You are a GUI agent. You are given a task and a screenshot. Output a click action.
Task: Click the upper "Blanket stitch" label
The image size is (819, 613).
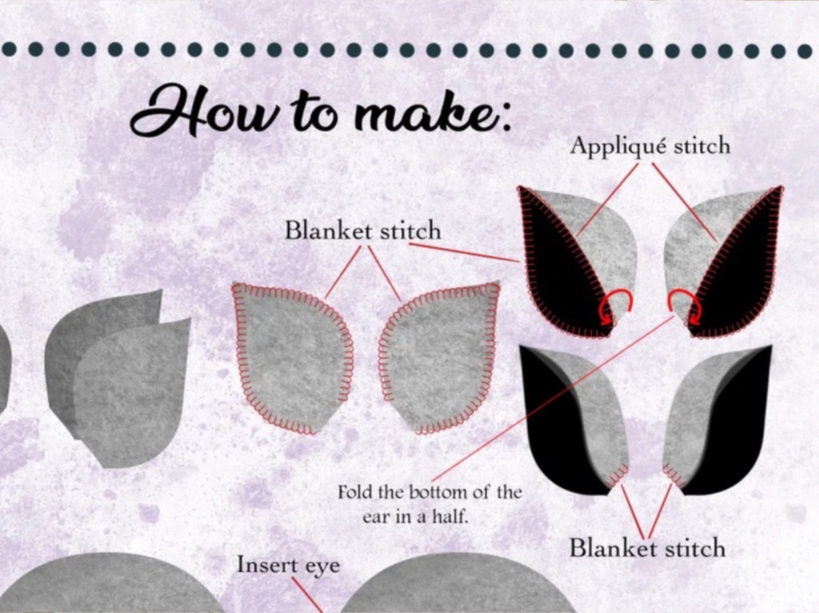363,231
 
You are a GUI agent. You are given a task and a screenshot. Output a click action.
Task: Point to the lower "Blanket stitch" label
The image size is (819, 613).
647,548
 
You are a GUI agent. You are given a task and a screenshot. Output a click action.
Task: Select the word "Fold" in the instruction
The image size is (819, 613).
355,493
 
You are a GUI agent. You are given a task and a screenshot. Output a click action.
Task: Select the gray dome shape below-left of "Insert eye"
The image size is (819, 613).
108,585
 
